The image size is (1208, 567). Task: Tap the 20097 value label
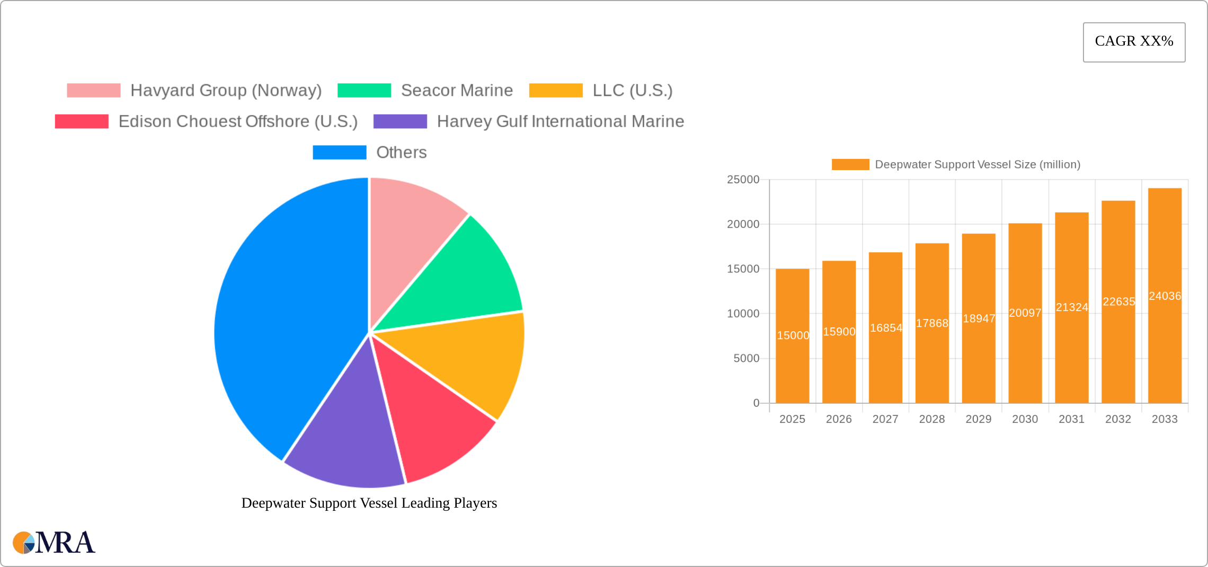click(1025, 313)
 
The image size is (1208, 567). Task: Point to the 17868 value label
click(932, 323)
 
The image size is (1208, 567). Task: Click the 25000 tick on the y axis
click(743, 180)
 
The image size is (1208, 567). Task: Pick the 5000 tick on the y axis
click(746, 359)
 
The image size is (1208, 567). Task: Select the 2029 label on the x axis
click(978, 419)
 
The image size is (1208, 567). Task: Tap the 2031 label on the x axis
click(1071, 419)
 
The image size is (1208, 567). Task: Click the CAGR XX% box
click(1134, 42)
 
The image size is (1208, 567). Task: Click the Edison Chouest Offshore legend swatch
click(82, 121)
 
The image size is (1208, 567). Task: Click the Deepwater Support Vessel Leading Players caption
click(369, 503)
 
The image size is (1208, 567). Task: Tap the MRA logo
click(54, 543)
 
